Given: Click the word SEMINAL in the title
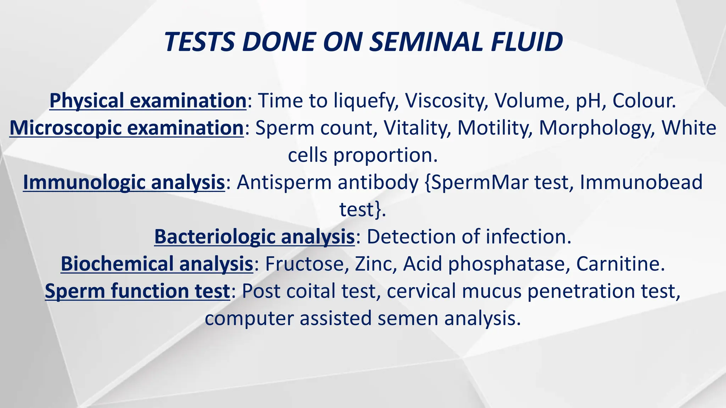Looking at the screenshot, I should pyautogui.click(x=425, y=42).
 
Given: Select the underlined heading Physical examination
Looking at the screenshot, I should pyautogui.click(x=148, y=101).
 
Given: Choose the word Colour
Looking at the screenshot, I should pyautogui.click(x=644, y=101).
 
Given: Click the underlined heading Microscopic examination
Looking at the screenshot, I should pyautogui.click(x=127, y=128).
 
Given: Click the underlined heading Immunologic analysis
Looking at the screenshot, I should pyautogui.click(x=124, y=182).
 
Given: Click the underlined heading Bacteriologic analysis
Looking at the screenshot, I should pyautogui.click(x=255, y=237).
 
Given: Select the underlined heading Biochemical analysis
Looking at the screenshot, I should pyautogui.click(x=157, y=264).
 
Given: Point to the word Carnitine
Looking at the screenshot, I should pyautogui.click(x=620, y=264).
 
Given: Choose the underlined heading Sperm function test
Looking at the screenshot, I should pyautogui.click(x=138, y=291).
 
